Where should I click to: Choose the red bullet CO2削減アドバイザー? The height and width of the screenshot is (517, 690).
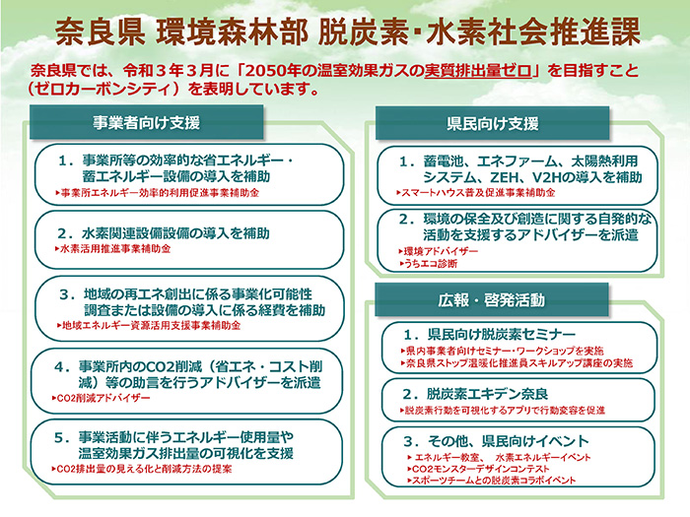[103, 398]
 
